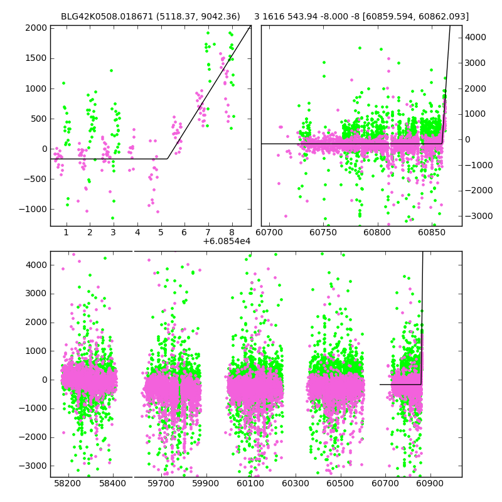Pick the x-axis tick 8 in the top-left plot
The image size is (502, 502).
232,233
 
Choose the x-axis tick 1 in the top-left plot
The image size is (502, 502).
66,233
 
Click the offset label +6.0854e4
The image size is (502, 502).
227,242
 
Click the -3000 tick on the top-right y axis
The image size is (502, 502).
476,216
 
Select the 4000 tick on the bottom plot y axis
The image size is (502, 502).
36,265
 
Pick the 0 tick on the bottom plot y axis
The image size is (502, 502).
44,380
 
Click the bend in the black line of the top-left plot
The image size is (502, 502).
168,159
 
